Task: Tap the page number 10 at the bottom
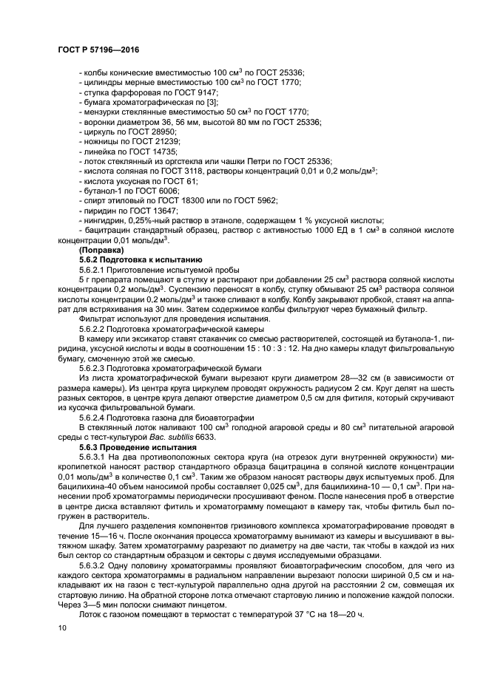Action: click(62, 627)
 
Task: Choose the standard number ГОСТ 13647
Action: click(158, 210)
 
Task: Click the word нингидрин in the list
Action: click(104, 220)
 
